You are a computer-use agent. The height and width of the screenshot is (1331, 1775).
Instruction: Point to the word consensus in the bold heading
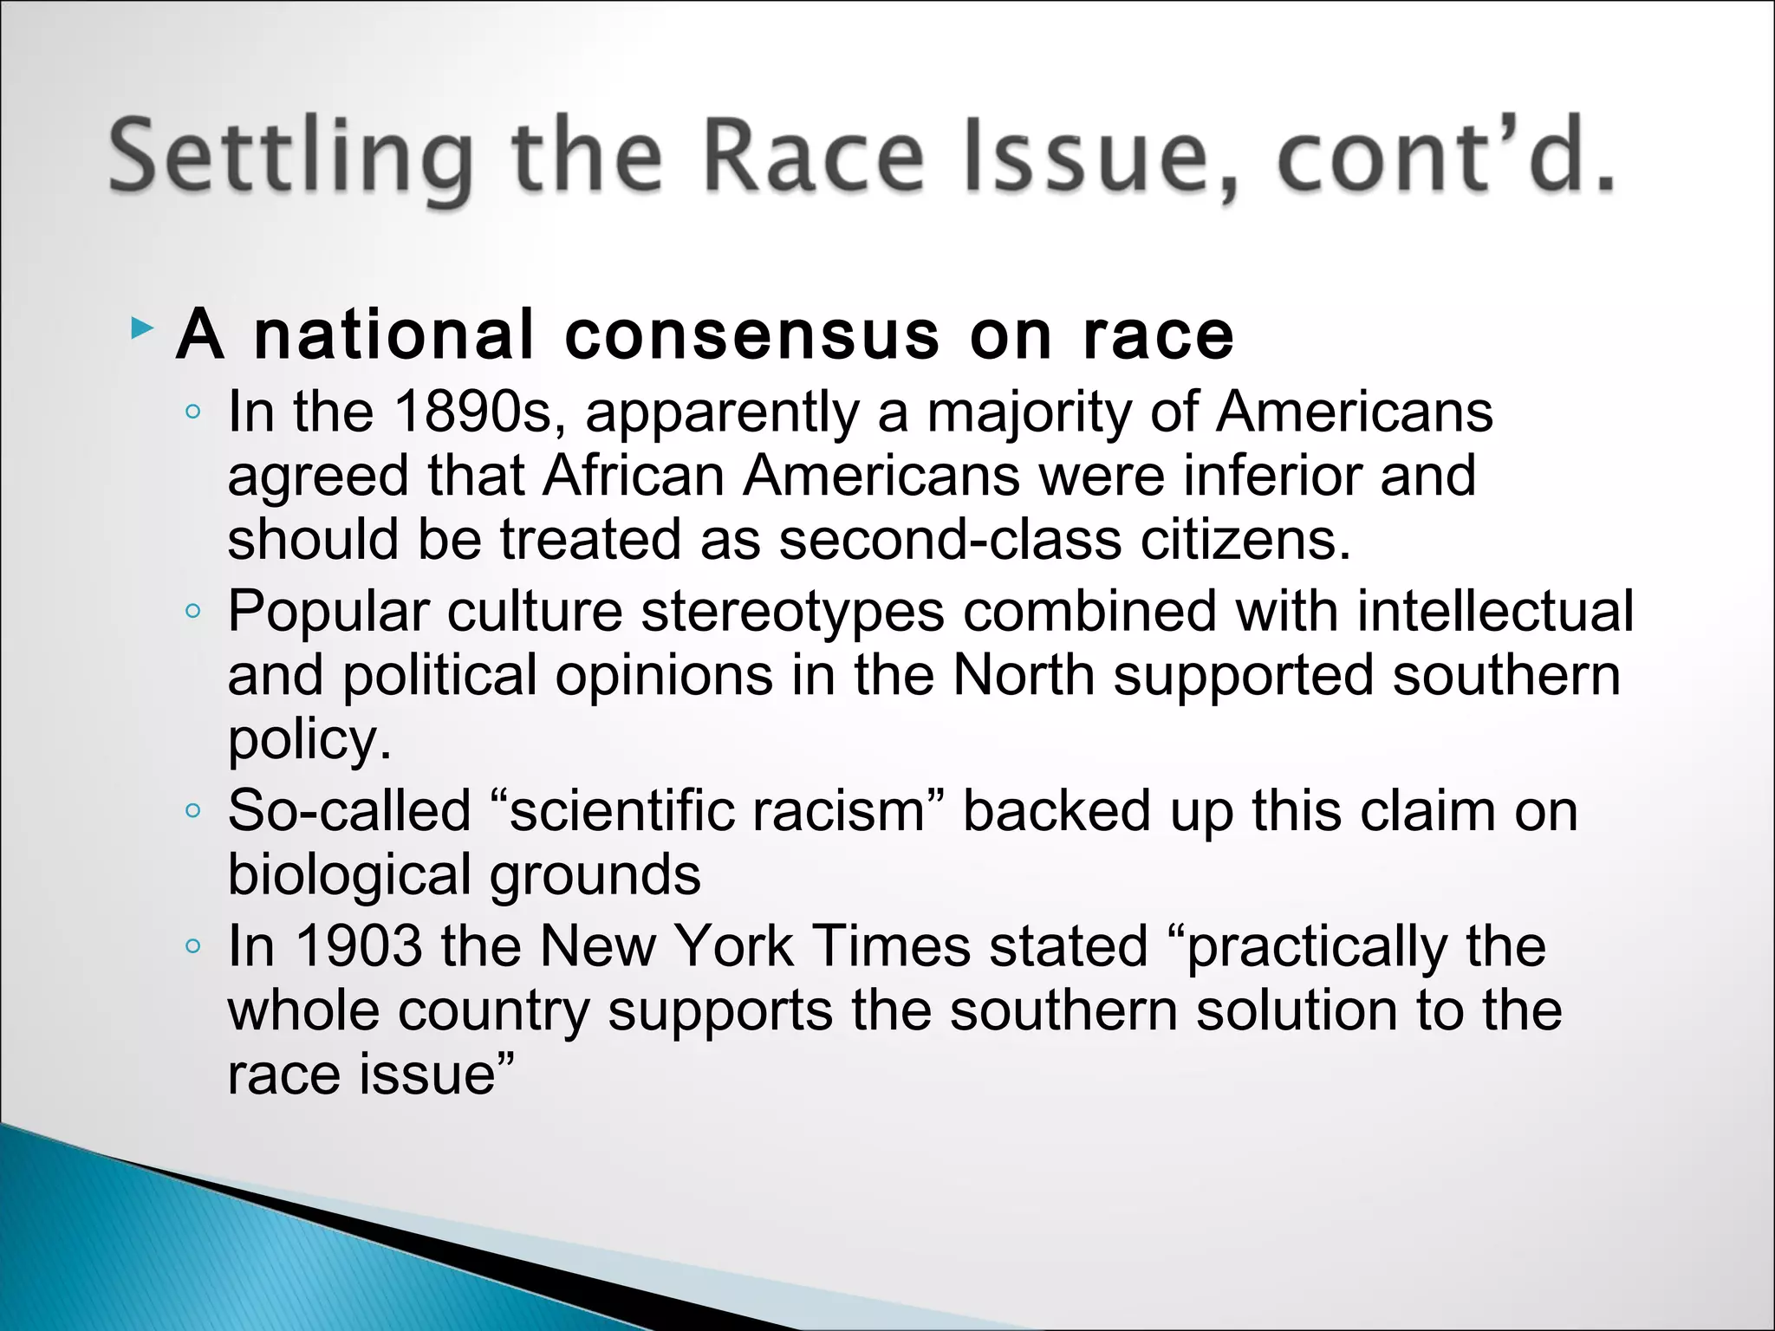pos(751,335)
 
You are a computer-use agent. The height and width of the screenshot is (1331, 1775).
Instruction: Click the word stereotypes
pos(792,611)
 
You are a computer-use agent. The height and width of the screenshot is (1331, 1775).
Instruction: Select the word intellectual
pos(1495,611)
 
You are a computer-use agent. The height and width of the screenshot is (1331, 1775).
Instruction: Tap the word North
pos(1023,675)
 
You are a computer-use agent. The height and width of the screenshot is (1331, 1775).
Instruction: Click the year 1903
pos(359,945)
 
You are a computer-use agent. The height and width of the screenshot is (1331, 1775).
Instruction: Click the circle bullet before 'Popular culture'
pos(193,612)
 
